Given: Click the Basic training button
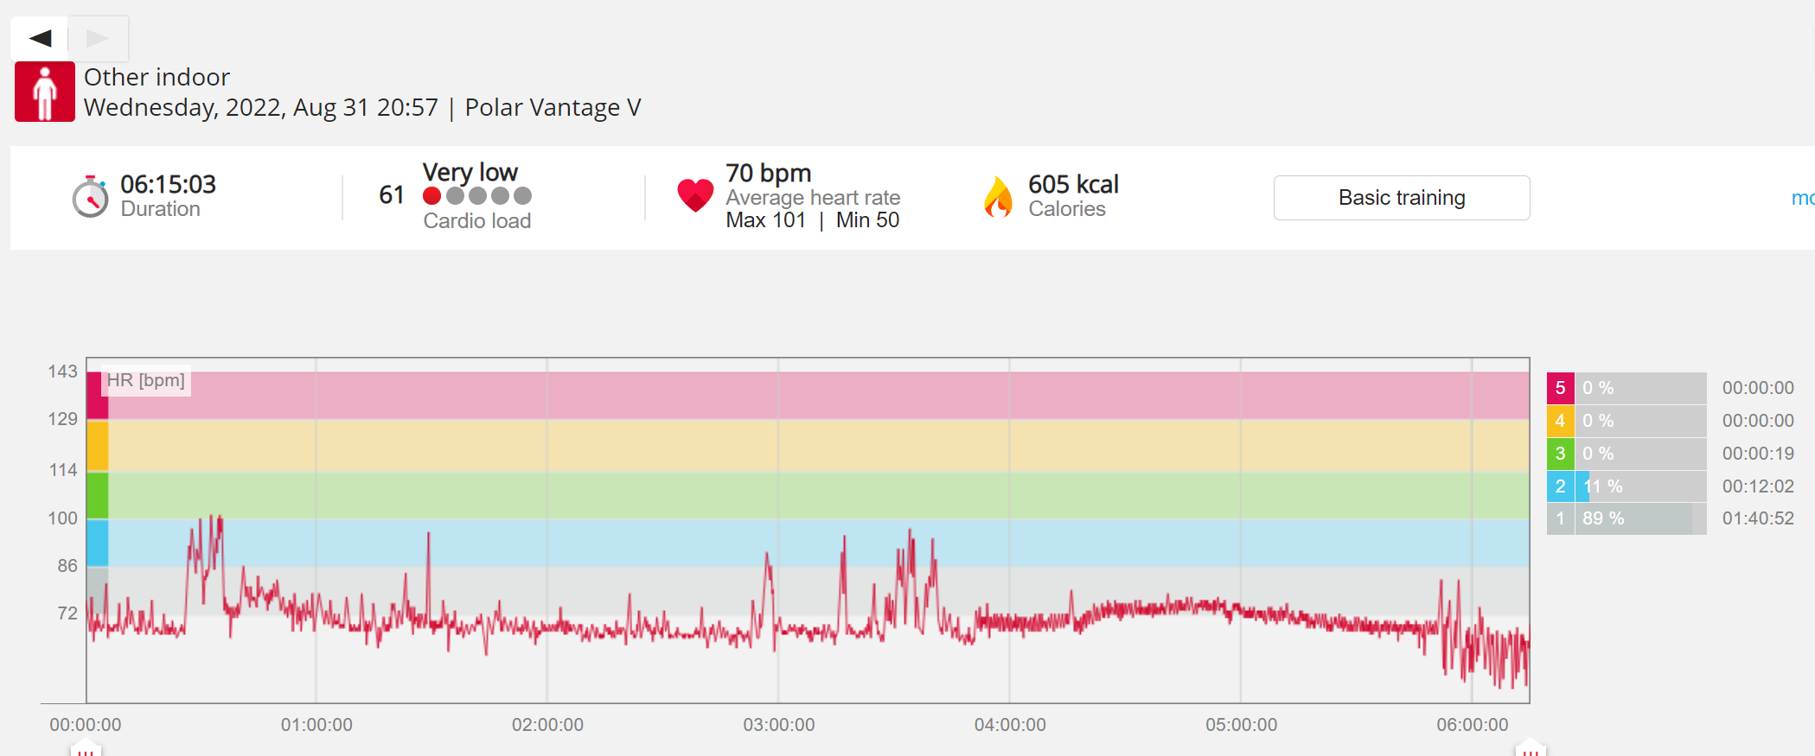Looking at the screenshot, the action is [x=1401, y=198].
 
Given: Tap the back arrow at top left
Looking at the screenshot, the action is [x=40, y=38].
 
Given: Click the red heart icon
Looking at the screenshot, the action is [x=695, y=195].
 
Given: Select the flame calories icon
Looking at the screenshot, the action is [x=999, y=197].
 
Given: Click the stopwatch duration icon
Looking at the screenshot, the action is [x=90, y=197].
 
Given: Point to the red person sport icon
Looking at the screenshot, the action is [x=45, y=92].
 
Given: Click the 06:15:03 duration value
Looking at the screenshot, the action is [x=168, y=184].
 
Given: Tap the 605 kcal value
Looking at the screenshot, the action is [x=1073, y=184].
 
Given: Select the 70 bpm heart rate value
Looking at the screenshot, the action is [x=768, y=174].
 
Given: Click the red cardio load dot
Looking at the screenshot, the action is [x=432, y=196].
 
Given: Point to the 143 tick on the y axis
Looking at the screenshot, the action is [x=62, y=372].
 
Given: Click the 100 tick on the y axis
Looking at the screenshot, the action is [x=62, y=518].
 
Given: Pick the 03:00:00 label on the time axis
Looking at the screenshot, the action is [x=779, y=725].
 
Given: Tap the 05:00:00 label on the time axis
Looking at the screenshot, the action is [x=1242, y=725].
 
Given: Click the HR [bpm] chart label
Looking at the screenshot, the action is [x=145, y=380].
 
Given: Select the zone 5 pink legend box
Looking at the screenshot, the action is [x=1560, y=388].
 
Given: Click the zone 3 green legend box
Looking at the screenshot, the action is [x=1560, y=454].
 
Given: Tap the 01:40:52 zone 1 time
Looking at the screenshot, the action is [x=1758, y=518].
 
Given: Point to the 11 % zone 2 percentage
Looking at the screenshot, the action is [x=1602, y=486].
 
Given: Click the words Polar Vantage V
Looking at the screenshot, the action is [x=553, y=107].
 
